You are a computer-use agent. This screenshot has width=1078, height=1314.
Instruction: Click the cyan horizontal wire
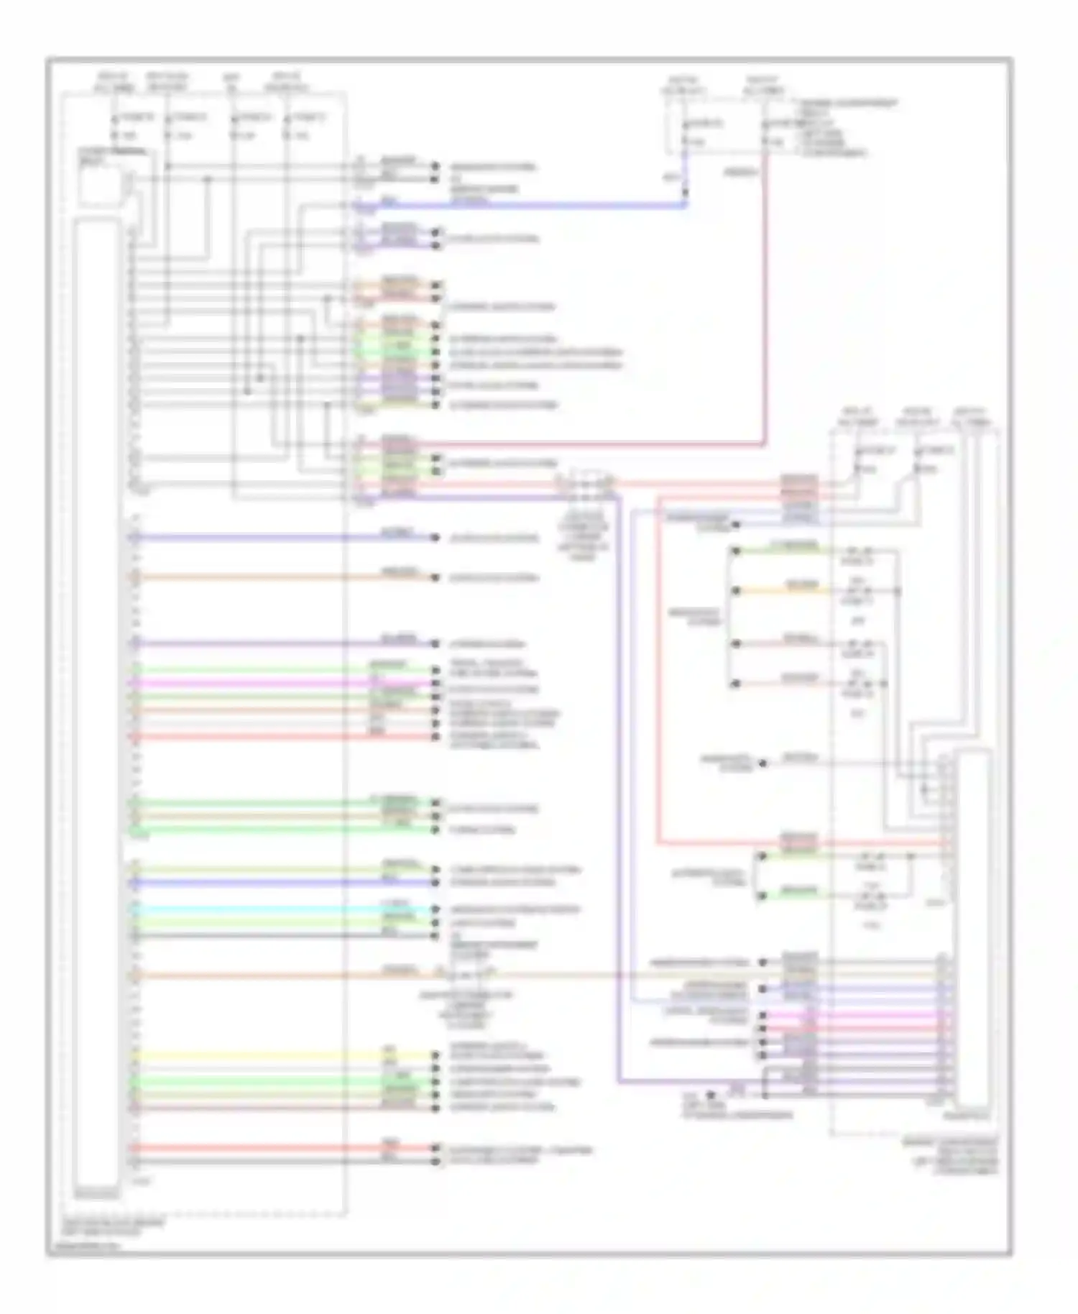273,909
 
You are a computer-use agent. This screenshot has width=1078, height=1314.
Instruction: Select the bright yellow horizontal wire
273,1055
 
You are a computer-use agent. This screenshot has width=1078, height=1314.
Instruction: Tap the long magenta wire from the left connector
273,683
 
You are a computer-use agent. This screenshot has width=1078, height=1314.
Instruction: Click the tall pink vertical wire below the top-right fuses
764,302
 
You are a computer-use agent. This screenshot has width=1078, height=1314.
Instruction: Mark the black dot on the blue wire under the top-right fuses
685,192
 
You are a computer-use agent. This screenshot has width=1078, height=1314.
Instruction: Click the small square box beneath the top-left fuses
101,180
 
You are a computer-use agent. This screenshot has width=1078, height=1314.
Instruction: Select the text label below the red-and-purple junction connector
584,536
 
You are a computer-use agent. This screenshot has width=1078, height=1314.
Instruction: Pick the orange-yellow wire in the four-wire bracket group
780,592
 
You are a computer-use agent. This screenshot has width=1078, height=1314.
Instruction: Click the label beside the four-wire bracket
695,617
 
